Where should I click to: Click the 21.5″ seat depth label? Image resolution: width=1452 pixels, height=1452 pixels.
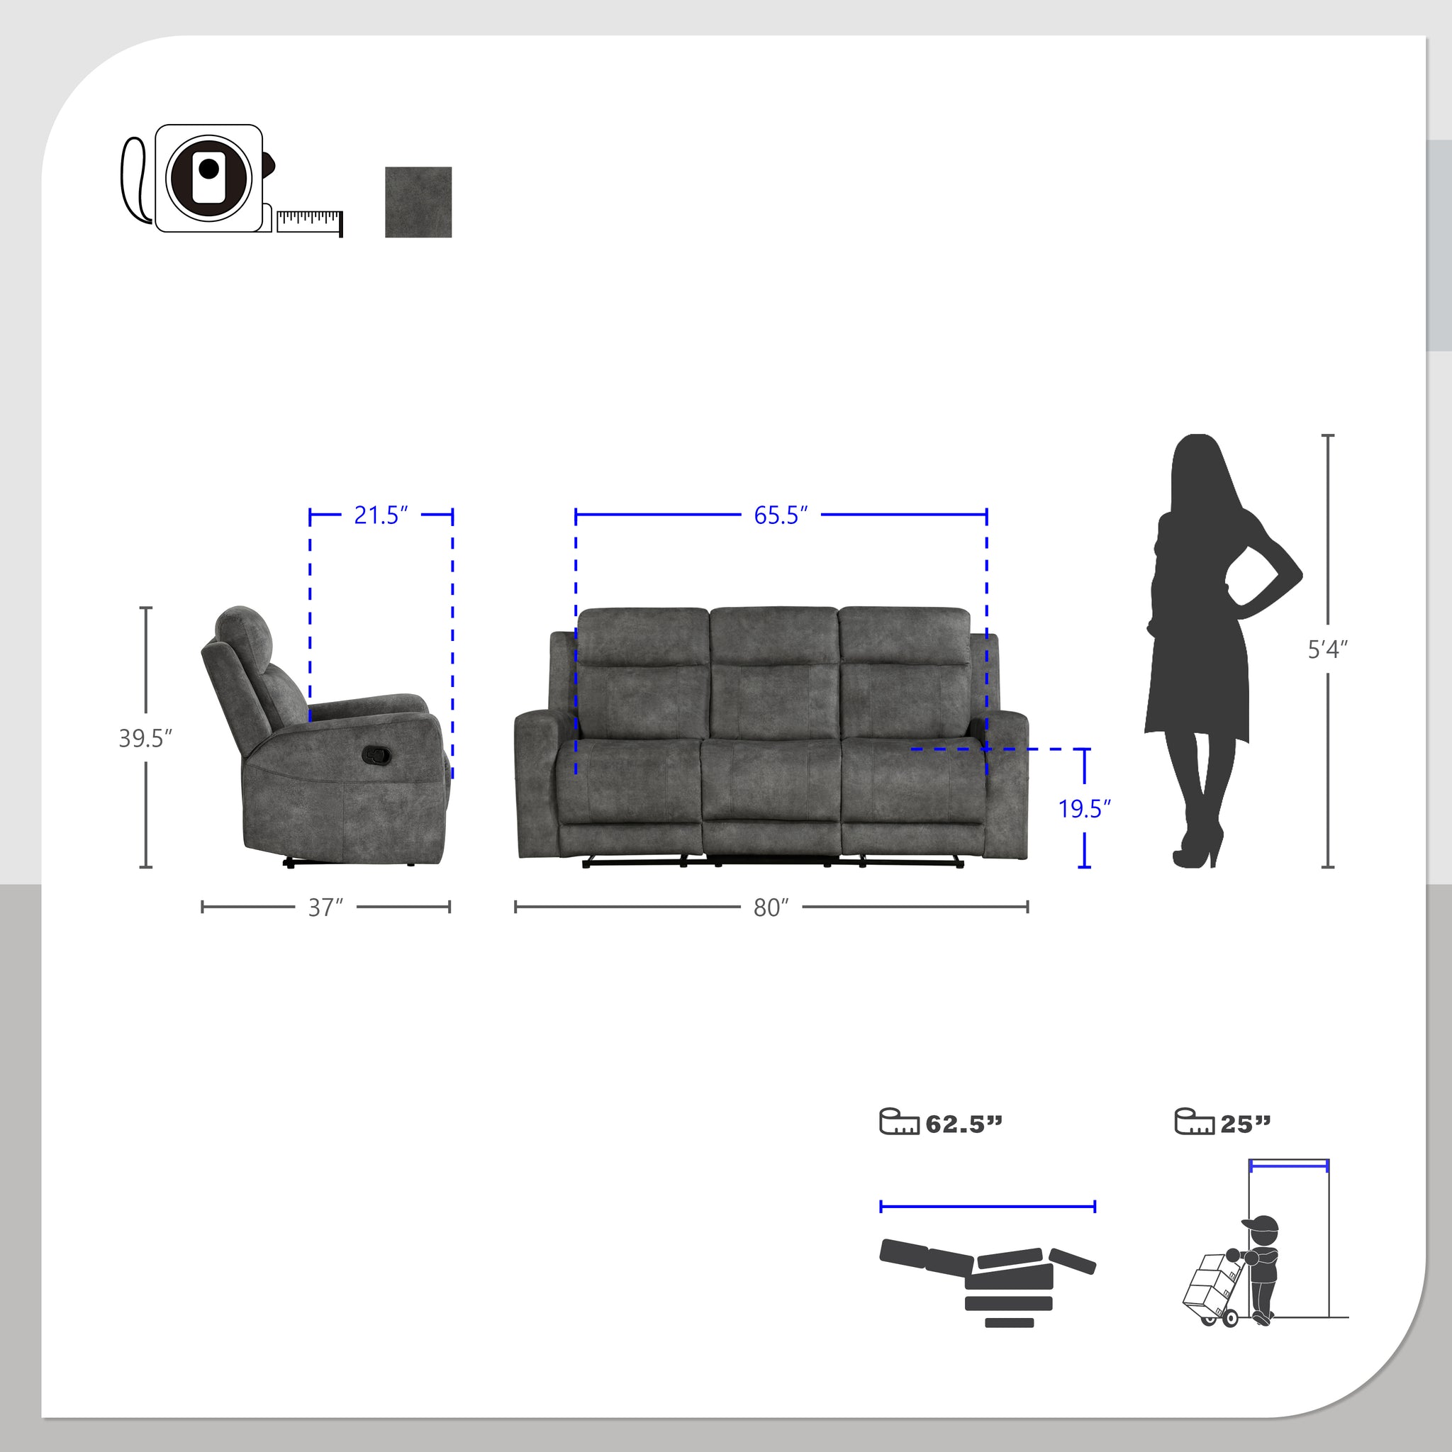(381, 515)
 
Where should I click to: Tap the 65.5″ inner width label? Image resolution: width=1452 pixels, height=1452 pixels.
(781, 515)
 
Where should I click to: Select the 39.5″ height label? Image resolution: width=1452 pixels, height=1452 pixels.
(146, 738)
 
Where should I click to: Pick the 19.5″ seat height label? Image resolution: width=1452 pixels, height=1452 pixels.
(1085, 809)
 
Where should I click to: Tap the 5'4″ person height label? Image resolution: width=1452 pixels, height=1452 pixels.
(1328, 649)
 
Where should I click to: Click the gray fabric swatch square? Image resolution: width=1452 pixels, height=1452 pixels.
(418, 202)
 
